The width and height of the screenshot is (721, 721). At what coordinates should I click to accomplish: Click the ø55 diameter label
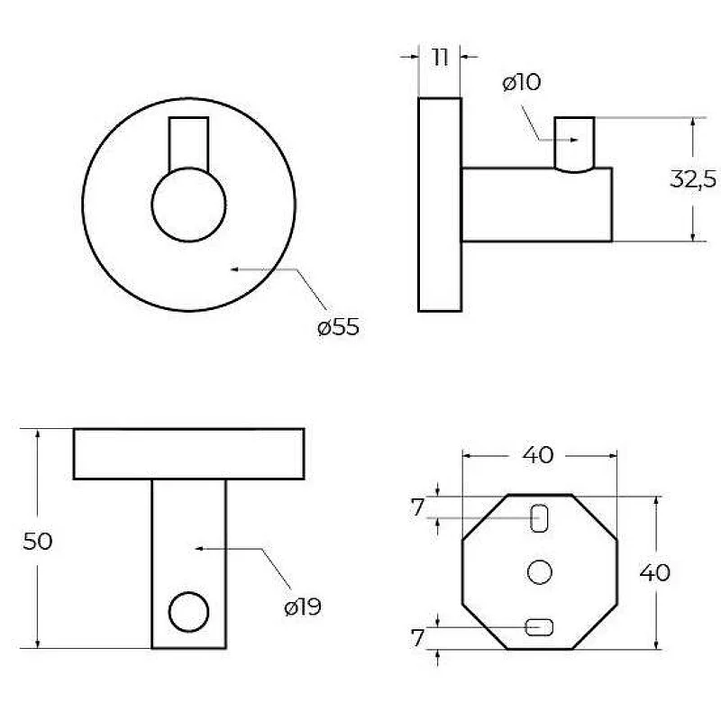[339, 327]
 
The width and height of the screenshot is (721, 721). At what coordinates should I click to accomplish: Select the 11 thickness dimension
[440, 58]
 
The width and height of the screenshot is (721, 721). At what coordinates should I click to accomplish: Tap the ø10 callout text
[522, 82]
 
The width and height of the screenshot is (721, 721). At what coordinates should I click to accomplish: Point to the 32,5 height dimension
[693, 178]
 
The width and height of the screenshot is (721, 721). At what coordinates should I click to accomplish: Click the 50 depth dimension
[38, 542]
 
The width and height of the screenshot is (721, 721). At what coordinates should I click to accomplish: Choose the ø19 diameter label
[303, 607]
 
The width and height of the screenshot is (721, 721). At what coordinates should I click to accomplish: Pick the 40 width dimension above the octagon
[538, 455]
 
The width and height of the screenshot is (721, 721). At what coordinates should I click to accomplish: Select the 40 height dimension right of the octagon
[655, 572]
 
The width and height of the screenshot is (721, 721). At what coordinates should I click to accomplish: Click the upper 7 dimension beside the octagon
[417, 507]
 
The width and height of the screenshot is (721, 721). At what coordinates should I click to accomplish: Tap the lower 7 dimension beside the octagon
[417, 638]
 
